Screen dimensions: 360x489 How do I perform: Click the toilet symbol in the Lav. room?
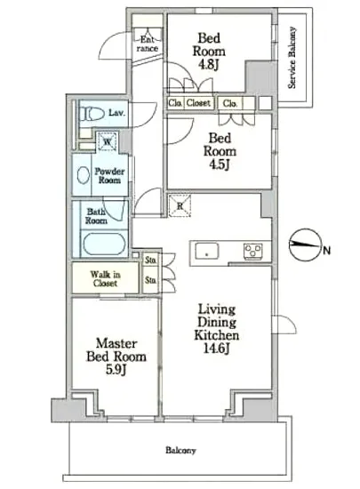[x=92, y=114]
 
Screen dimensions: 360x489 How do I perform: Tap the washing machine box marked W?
[x=107, y=141]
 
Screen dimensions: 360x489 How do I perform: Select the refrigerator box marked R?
[x=180, y=205]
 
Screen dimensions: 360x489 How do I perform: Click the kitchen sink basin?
[x=206, y=252]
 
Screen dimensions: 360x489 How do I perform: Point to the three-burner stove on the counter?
[x=253, y=252]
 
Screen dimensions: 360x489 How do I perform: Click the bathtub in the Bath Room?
[x=104, y=244]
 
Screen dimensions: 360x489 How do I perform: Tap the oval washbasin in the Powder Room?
[x=83, y=175]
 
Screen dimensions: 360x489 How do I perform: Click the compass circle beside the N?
[x=305, y=244]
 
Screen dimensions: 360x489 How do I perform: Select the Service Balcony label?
[x=292, y=58]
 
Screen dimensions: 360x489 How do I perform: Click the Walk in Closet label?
[x=105, y=279]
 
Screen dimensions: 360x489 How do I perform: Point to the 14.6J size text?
[x=217, y=348]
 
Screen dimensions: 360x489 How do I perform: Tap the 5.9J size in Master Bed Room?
[x=116, y=370]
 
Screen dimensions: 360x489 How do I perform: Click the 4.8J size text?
[x=209, y=65]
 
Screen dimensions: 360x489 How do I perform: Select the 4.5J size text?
[x=220, y=164]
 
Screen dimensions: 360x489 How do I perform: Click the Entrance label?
[x=148, y=44]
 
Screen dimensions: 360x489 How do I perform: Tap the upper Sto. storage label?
[x=150, y=261]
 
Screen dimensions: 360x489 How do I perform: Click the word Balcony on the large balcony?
[x=180, y=451]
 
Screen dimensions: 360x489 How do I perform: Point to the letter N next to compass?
[x=326, y=251]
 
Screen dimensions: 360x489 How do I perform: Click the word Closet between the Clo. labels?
[x=198, y=102]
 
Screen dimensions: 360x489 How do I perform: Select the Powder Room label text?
[x=109, y=175]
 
